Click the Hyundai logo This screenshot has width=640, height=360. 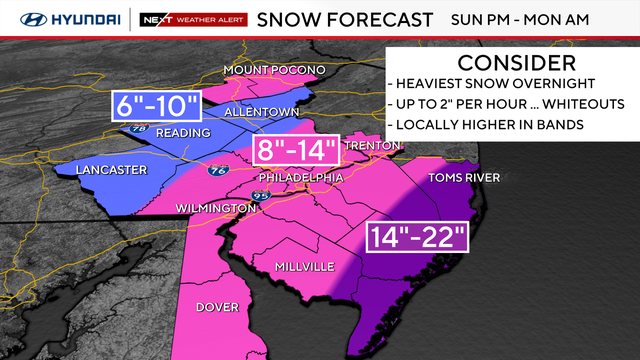62,18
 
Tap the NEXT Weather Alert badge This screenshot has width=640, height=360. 190,18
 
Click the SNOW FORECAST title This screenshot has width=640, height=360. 345,18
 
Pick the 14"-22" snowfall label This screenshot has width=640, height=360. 414,237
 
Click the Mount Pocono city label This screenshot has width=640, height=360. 273,69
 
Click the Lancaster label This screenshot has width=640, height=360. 110,170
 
